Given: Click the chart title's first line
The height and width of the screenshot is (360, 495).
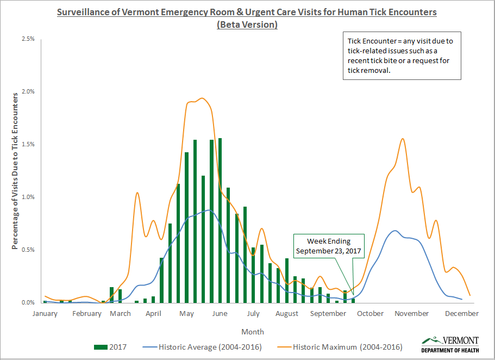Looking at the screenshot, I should [247, 11].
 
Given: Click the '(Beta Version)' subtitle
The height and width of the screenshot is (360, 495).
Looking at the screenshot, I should [247, 24].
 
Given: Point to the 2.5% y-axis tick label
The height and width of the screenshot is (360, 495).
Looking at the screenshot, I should [28, 39].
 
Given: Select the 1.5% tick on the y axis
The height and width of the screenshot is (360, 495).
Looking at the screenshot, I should [28, 145].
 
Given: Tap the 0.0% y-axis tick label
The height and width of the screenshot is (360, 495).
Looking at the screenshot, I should [28, 303].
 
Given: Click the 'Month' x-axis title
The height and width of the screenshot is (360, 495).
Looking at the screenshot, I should [253, 332].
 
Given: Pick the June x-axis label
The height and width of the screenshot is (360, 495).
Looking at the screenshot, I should [220, 314].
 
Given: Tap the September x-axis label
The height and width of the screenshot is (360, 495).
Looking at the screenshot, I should [328, 314].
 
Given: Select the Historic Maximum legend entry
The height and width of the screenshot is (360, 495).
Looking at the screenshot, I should [340, 346].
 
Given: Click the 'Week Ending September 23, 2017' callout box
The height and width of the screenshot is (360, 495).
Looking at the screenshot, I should [329, 246].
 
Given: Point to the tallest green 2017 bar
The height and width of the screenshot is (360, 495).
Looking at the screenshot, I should [220, 220].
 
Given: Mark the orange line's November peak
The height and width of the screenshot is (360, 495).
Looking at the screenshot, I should [402, 139].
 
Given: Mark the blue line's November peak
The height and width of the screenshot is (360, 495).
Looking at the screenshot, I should [395, 231].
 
